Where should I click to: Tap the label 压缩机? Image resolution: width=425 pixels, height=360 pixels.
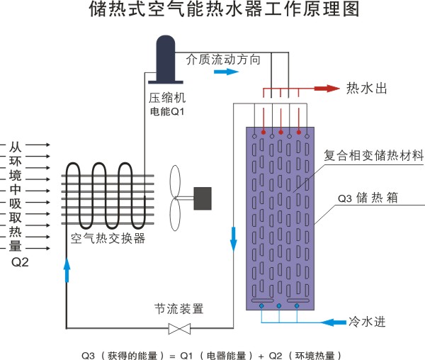pos(165,96)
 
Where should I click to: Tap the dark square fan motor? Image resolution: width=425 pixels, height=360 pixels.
pos(203,198)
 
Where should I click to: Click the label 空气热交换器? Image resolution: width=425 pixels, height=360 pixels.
pos(108,239)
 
